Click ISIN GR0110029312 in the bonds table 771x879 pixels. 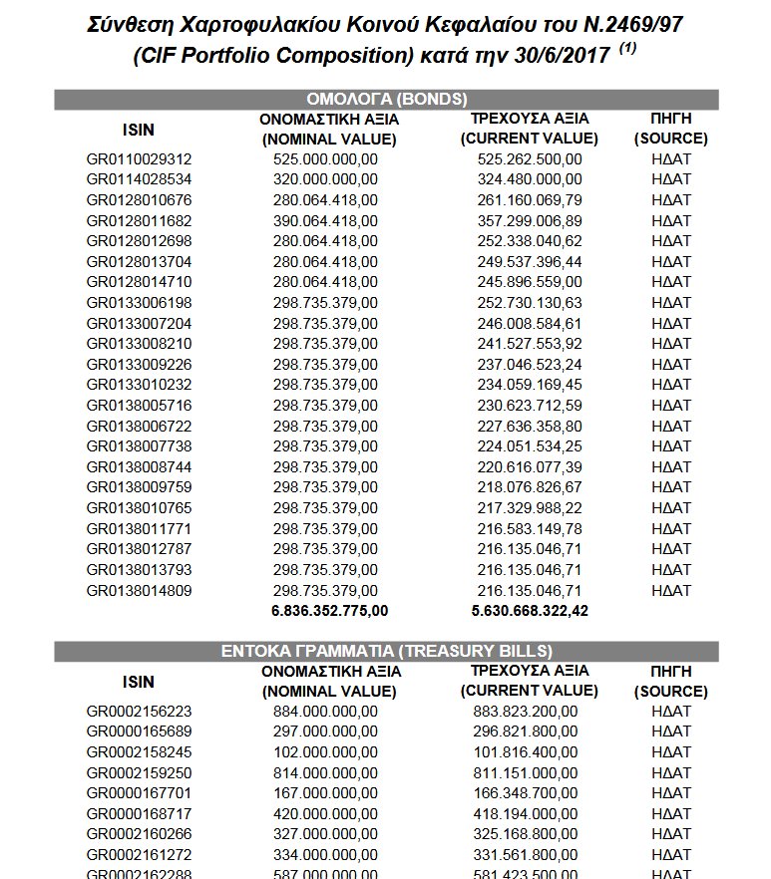tap(139, 159)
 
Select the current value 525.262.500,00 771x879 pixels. tap(529, 159)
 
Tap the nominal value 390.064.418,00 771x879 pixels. tap(325, 221)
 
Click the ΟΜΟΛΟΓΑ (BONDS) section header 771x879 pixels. tap(385, 99)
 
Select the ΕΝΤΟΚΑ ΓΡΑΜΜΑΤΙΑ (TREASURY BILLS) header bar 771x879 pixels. tap(385, 651)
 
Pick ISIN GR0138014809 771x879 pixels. tap(139, 591)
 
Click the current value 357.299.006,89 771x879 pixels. tap(529, 221)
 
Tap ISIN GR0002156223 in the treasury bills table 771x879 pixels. tap(139, 712)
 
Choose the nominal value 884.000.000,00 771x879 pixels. tap(325, 712)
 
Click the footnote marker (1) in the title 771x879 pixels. tap(627, 50)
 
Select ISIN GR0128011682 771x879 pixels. tap(139, 221)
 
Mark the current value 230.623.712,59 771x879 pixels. tap(529, 406)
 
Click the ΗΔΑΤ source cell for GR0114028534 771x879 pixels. tap(670, 180)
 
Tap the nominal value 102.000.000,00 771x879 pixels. tap(325, 752)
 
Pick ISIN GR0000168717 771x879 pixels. tap(139, 814)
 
